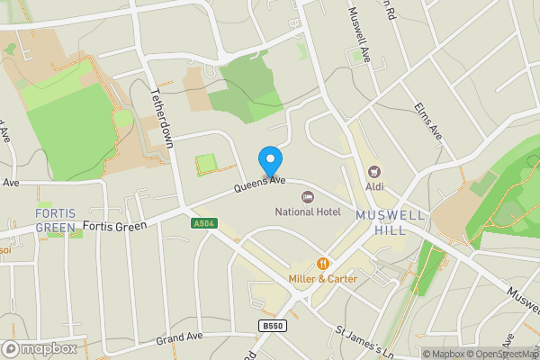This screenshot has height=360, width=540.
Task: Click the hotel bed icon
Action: [x=308, y=196]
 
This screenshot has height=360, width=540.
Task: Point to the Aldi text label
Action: [x=373, y=186]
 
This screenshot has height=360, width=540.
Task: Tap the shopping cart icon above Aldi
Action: [x=373, y=171]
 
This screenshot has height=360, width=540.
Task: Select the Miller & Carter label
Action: [x=323, y=279]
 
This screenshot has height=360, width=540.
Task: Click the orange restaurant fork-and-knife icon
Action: [x=323, y=264]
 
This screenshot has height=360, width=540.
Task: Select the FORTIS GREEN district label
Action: [x=56, y=220]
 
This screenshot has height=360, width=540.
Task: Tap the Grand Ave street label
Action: [x=180, y=339]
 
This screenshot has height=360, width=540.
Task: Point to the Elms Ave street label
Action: [x=428, y=120]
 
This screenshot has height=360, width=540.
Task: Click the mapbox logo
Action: [x=39, y=348]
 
